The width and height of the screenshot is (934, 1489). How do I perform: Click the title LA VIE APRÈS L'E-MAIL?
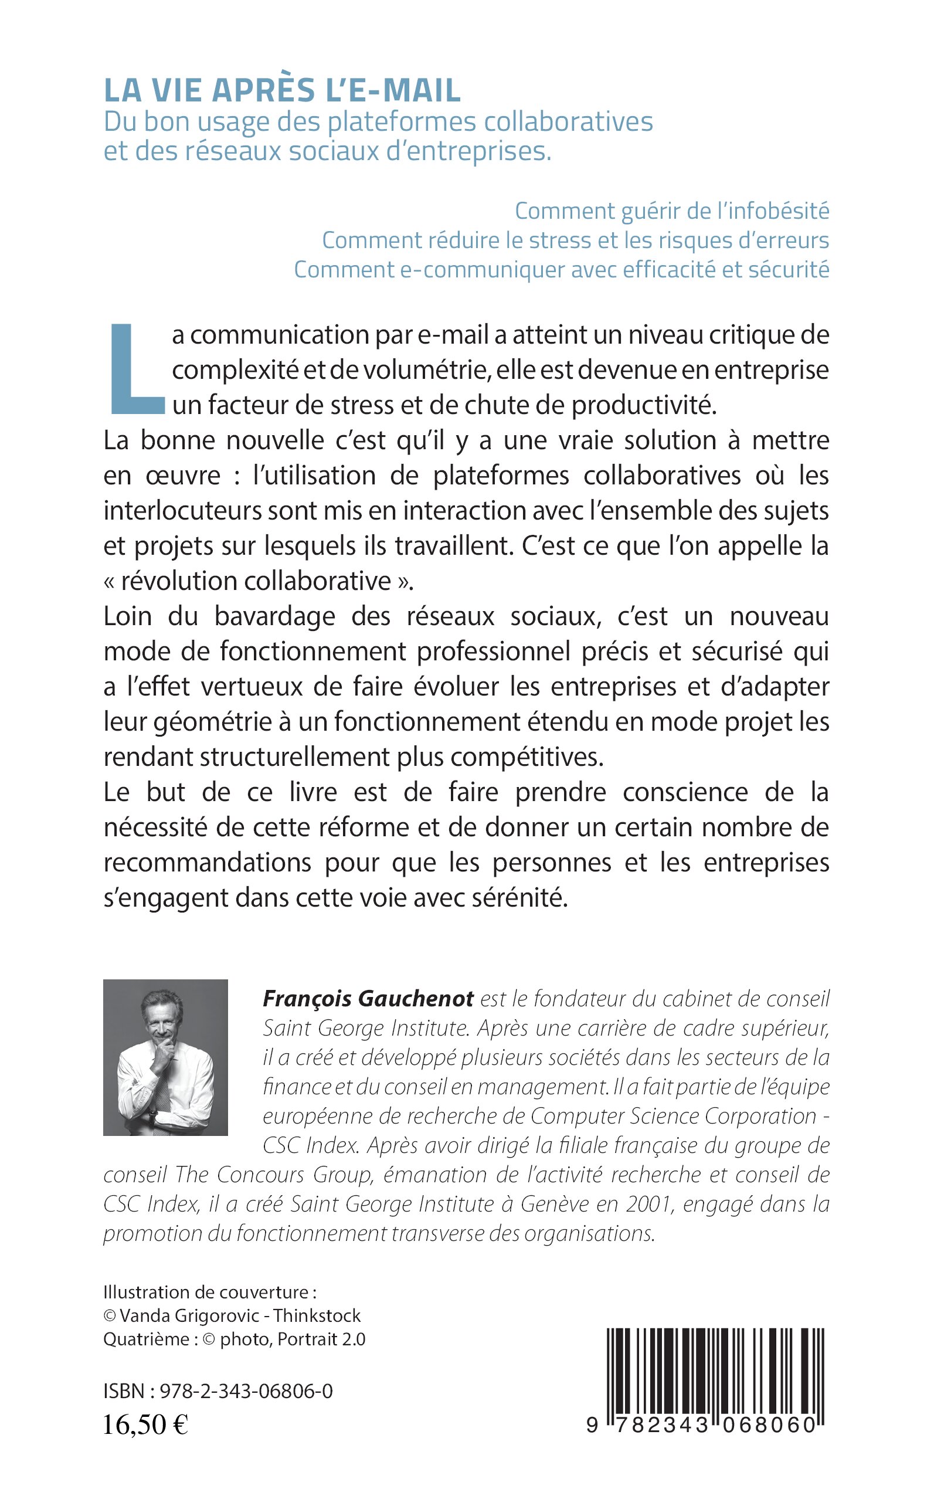282,90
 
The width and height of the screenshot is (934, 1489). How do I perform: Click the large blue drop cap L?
137,369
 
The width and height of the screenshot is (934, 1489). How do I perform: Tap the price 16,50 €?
145,1424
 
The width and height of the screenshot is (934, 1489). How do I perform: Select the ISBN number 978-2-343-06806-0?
246,1390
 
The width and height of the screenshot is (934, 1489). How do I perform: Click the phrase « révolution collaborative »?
258,581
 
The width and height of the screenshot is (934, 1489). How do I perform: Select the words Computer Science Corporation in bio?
673,1116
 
